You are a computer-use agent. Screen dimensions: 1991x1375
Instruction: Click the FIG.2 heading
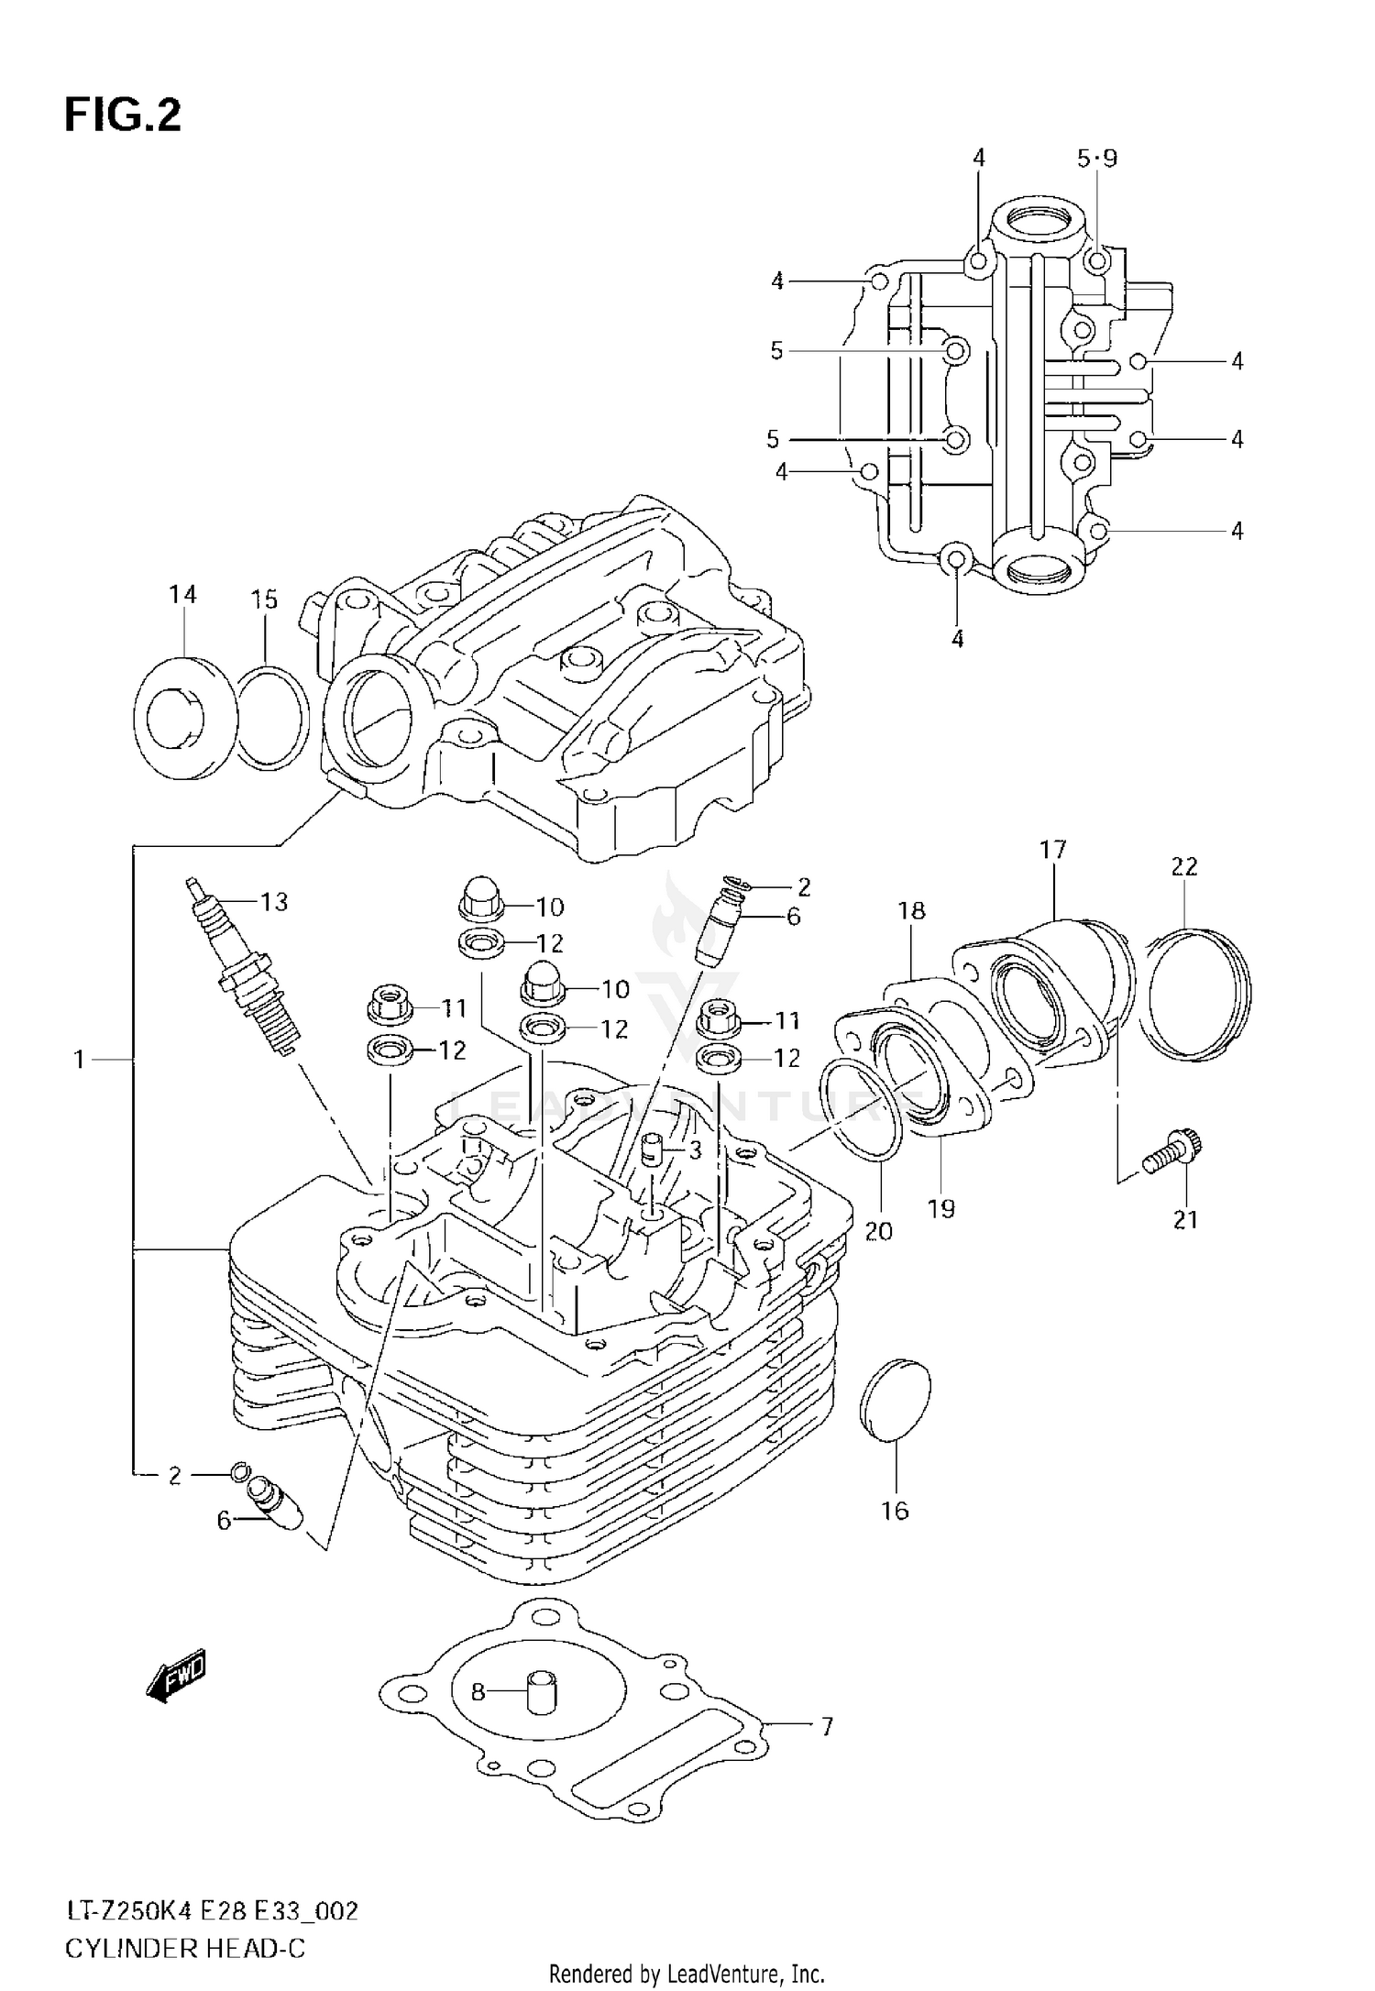(x=123, y=116)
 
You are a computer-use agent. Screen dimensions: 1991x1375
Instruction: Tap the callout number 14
(x=182, y=595)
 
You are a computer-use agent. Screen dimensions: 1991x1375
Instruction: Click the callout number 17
(x=1053, y=850)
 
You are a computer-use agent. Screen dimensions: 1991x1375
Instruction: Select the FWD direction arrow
(x=178, y=1677)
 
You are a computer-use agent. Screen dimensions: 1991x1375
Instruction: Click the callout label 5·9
(x=1097, y=159)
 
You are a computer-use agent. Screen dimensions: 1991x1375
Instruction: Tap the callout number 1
(x=80, y=1061)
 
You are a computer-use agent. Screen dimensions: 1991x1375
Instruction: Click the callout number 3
(x=696, y=1149)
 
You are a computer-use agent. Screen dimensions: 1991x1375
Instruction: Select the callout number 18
(x=911, y=910)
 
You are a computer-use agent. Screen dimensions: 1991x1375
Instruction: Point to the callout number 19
(x=940, y=1209)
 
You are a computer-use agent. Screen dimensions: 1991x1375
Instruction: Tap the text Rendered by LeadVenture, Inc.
(x=687, y=1974)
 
